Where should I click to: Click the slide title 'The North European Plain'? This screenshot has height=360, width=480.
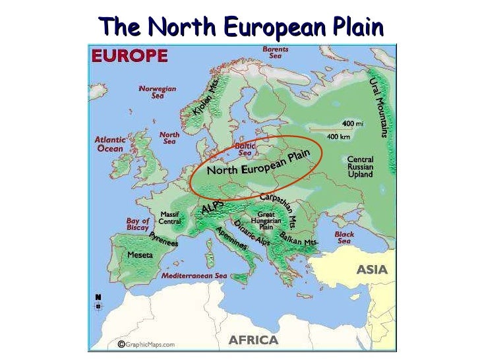click(241, 27)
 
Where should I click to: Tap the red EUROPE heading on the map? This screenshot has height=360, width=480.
click(129, 57)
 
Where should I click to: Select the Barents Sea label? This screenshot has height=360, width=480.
click(276, 53)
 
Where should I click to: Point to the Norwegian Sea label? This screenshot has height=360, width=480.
click(158, 92)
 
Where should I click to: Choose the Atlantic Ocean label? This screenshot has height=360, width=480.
click(109, 144)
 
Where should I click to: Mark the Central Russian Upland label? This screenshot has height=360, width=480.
click(360, 167)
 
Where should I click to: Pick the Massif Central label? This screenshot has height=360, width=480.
click(170, 218)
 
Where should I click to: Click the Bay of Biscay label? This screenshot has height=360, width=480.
click(137, 224)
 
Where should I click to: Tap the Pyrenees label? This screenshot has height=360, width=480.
click(164, 239)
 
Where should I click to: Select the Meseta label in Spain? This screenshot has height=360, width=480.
click(140, 254)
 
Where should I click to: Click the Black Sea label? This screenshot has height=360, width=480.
click(344, 237)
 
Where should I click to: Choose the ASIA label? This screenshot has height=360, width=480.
click(373, 270)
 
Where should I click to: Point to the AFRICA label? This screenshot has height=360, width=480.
click(253, 340)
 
